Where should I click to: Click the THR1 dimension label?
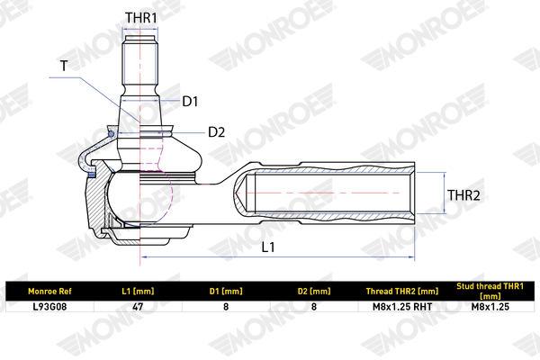coord(141,18)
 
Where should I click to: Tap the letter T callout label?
coord(64,66)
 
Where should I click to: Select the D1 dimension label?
coord(190,102)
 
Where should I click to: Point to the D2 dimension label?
coord(216,132)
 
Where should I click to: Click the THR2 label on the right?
coord(463,195)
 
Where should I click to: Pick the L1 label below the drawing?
coord(268,247)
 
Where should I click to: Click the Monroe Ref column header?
coord(49,292)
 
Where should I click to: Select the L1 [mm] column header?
coord(138,292)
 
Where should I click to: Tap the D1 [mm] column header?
coord(226,292)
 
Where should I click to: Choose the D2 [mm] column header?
coord(314,292)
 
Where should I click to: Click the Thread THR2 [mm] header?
coord(402,292)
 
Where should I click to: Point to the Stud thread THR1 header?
coord(490,291)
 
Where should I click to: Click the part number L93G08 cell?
coord(49,307)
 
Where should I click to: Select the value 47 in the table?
coord(138,307)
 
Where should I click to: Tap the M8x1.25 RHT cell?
coord(402,307)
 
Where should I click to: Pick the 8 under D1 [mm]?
coord(226,307)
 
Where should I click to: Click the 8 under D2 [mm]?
coord(314,307)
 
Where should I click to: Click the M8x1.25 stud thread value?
coord(490,307)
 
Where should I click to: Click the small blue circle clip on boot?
coord(111,134)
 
